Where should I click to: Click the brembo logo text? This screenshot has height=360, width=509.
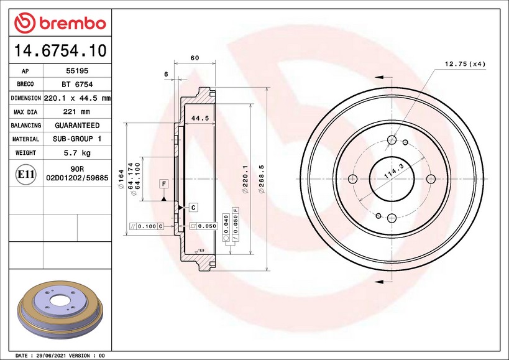click(72, 24)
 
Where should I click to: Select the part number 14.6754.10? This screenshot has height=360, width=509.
click(60, 50)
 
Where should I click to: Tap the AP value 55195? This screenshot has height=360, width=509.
click(77, 71)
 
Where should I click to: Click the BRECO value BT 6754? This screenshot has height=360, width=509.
click(77, 85)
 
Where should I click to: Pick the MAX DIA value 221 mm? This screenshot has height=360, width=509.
click(76, 112)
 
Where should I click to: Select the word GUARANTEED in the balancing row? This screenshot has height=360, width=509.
click(77, 126)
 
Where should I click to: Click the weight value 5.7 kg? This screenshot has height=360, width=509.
click(77, 152)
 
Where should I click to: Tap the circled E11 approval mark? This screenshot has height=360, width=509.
click(25, 174)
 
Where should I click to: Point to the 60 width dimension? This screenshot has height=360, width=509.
click(195, 58)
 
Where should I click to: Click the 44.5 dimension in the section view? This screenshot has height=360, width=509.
click(200, 119)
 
